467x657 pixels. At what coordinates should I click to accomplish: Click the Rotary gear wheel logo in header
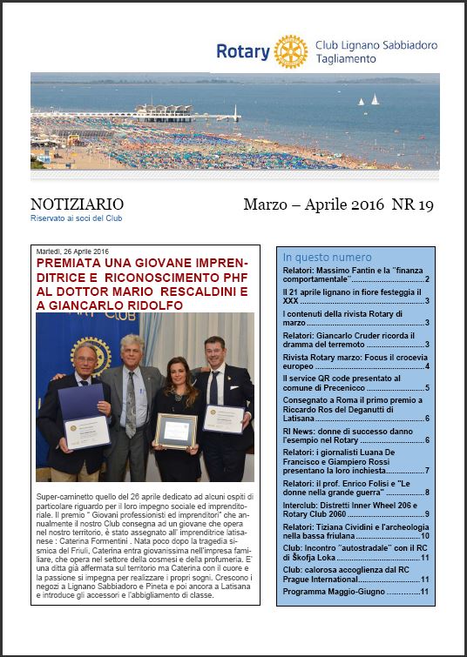coord(290,52)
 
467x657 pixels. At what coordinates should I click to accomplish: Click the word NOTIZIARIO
coord(77,205)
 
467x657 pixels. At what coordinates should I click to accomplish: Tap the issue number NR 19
coord(412,205)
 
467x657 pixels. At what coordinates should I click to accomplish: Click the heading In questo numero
coord(327,258)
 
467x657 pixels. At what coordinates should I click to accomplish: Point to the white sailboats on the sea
coord(369,100)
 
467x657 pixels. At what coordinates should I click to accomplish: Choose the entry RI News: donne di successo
coord(355,435)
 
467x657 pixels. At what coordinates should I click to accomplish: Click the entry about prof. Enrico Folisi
coord(355,487)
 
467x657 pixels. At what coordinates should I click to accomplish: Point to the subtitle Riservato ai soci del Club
coord(76,218)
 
